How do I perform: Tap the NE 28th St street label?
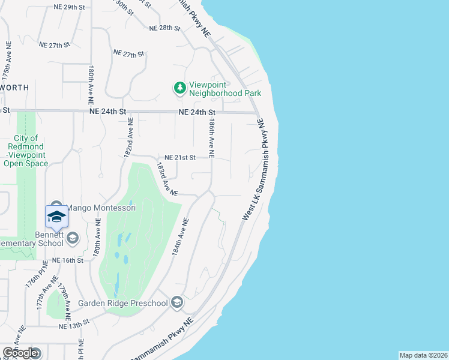point(164,28)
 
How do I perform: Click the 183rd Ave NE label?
point(167,179)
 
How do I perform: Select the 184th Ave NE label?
point(181,238)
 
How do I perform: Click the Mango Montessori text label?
point(100,208)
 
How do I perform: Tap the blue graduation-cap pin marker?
point(56,217)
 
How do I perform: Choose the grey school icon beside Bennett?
point(73,239)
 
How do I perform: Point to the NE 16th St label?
point(67,260)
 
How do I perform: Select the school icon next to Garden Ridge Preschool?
point(176,303)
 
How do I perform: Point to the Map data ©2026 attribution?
point(423,355)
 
